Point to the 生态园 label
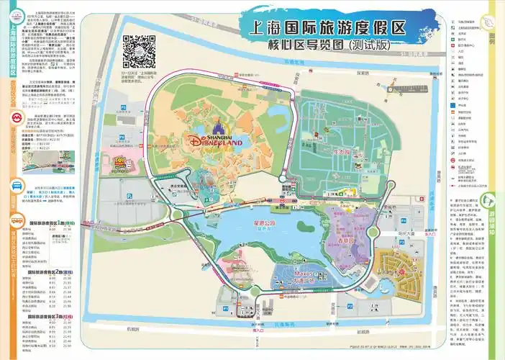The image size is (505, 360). pyautogui.click(x=341, y=151)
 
